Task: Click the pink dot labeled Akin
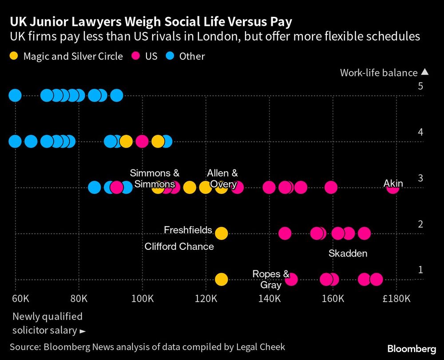(x=392, y=188)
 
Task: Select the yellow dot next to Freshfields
(x=221, y=233)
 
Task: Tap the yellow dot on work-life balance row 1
(x=221, y=279)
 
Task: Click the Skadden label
(x=348, y=254)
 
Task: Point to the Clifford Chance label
(x=179, y=246)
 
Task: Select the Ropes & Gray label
(x=271, y=279)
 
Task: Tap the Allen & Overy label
(x=222, y=179)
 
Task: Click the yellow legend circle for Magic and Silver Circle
(x=14, y=56)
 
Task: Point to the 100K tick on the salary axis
(x=143, y=298)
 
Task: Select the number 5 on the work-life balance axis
(x=420, y=86)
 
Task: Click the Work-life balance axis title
(x=379, y=73)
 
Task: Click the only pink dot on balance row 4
(x=142, y=141)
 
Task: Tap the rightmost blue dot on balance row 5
(x=116, y=95)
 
